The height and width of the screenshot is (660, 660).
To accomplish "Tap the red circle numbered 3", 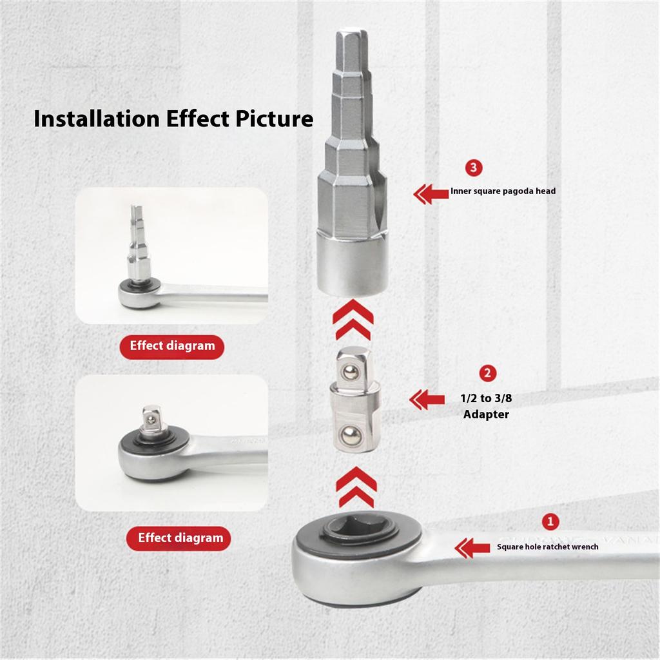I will coord(474,168).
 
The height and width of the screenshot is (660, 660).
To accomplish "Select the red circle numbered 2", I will coord(488,373).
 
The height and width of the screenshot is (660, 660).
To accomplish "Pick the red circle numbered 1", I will coord(550,521).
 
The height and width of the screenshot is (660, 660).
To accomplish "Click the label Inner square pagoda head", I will coord(503,191).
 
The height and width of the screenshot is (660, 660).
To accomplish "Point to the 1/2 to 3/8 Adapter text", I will coord(487,406).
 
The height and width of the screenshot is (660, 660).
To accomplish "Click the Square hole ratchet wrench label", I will coord(547,547).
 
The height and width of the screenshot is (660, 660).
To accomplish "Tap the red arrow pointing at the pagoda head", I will coord(431,193).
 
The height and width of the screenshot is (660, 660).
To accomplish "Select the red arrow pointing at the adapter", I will coord(427,400).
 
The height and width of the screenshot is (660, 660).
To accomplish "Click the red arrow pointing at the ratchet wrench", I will coord(472,548).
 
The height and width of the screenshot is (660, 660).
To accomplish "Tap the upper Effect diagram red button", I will coord(172,346).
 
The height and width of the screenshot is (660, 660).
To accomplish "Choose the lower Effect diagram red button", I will coord(180,538).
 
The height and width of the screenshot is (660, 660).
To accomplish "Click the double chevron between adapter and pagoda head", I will coord(353,320).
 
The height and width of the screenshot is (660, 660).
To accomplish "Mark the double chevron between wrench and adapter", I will coord(355,488).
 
